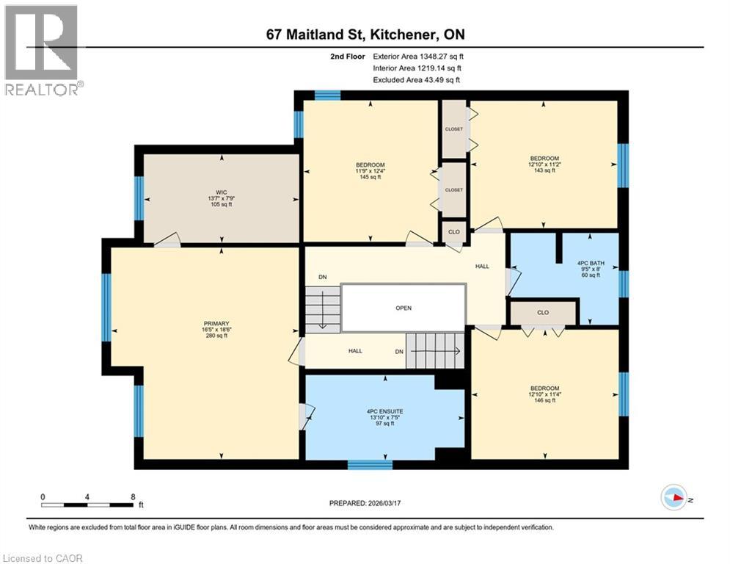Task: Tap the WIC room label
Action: tap(221, 192)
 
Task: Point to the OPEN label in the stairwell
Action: tap(404, 308)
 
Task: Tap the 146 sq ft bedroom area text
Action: tap(544, 401)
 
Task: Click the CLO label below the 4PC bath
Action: tap(543, 313)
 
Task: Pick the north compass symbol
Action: tap(673, 498)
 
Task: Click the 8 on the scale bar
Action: tap(132, 497)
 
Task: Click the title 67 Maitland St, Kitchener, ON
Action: tap(365, 35)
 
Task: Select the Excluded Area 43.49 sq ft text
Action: tap(416, 79)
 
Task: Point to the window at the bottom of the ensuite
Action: tap(369, 464)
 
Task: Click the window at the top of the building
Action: tap(327, 95)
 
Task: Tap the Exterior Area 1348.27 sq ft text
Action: tap(418, 56)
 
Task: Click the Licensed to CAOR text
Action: tap(43, 558)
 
